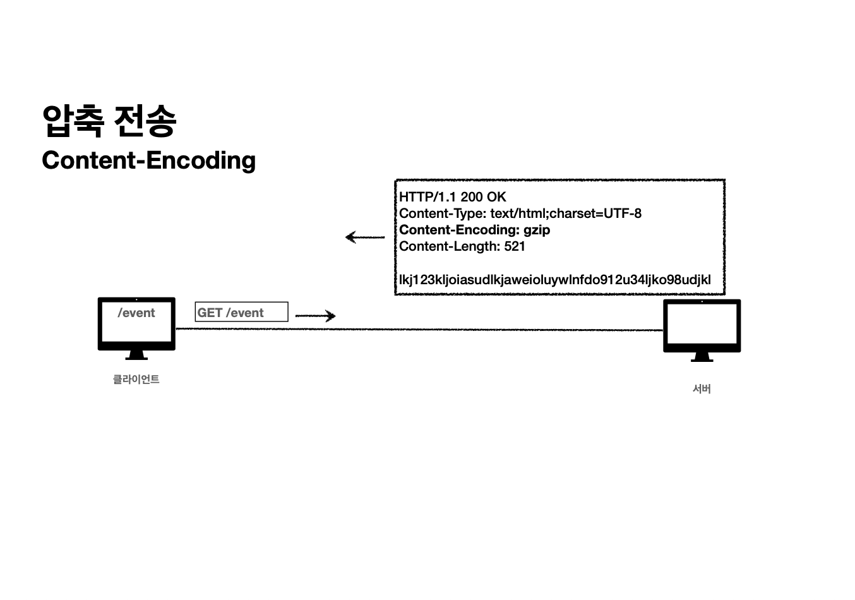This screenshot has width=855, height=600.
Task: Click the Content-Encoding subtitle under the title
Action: click(x=148, y=160)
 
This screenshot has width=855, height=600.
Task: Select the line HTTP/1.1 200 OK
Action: click(x=452, y=197)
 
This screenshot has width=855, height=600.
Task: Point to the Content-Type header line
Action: click(x=520, y=213)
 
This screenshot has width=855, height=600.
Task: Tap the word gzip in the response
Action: click(x=536, y=230)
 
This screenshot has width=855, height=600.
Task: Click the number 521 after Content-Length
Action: click(x=515, y=246)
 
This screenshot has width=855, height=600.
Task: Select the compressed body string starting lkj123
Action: click(x=554, y=280)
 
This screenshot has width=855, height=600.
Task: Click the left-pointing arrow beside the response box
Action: click(x=365, y=237)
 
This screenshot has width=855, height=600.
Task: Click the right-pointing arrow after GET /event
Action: click(x=315, y=315)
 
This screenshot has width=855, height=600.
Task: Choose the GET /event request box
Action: click(x=241, y=312)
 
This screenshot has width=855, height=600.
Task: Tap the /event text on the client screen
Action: click(x=136, y=313)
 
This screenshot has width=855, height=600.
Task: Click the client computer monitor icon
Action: click(x=136, y=323)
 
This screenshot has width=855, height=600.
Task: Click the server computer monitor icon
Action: click(x=702, y=325)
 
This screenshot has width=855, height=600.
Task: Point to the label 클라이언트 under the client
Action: click(x=136, y=380)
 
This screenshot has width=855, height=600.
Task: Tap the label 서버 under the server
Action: click(x=702, y=389)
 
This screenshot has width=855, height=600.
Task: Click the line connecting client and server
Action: click(x=417, y=329)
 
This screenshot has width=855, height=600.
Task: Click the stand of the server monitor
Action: click(x=702, y=357)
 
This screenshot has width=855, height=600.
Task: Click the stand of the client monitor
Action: click(x=136, y=356)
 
